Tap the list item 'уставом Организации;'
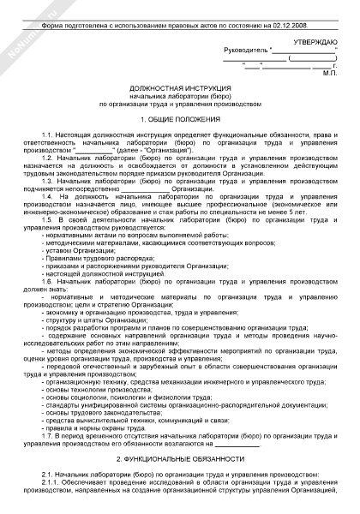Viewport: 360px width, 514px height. [x=81, y=251]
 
